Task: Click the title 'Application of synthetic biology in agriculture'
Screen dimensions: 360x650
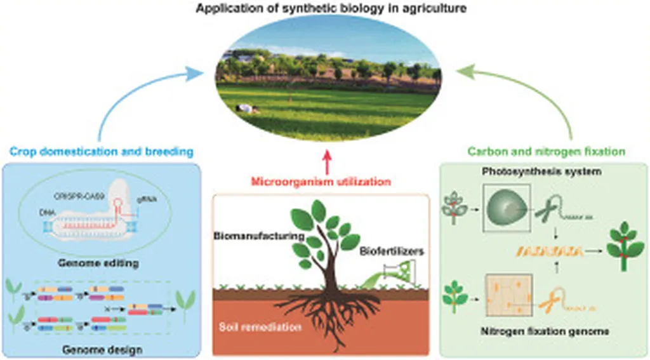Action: (324, 8)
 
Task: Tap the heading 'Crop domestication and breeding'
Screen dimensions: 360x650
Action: (101, 152)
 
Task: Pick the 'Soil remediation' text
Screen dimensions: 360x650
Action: (252, 328)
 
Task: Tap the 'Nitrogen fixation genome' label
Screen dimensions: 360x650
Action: (544, 331)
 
